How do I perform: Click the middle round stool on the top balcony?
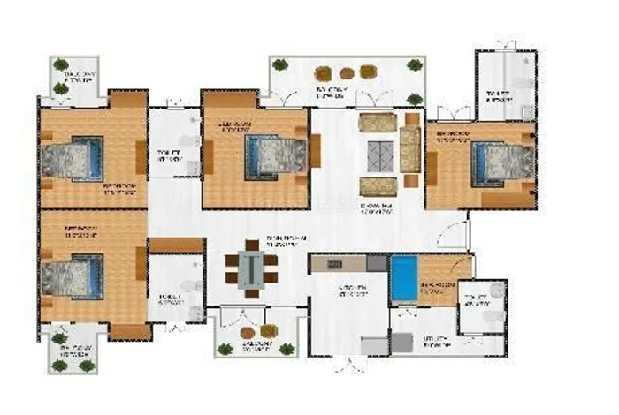347,73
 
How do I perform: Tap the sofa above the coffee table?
378,123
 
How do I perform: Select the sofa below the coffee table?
378,186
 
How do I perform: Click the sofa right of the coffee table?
409,149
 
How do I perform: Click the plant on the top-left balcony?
60,64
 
